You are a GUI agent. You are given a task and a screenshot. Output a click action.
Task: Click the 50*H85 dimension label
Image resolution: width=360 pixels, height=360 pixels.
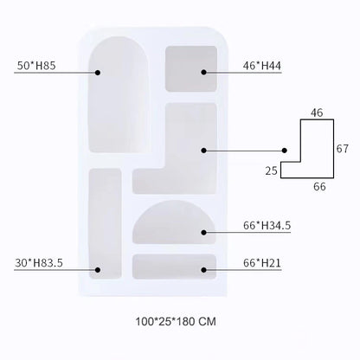(36, 66)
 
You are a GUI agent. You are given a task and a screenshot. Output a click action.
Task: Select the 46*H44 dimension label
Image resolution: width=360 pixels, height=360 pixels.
(262, 66)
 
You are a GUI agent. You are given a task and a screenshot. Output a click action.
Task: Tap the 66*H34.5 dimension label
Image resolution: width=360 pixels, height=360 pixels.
(267, 225)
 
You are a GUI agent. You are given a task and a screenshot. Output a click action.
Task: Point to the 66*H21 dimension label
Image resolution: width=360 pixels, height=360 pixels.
(262, 263)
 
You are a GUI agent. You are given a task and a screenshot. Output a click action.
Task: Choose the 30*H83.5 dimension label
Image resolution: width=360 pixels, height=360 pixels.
(39, 263)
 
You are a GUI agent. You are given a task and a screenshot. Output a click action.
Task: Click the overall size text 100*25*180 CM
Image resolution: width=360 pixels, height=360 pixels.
(176, 321)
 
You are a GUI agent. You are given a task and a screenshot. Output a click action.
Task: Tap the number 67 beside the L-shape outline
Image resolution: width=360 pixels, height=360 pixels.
(343, 149)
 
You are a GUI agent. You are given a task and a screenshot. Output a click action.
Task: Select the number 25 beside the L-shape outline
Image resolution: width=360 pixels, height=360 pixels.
(272, 171)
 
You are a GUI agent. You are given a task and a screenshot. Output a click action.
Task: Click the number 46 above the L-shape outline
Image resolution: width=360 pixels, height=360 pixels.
(317, 112)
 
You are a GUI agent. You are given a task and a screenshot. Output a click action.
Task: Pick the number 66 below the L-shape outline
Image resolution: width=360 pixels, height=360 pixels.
(319, 187)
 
